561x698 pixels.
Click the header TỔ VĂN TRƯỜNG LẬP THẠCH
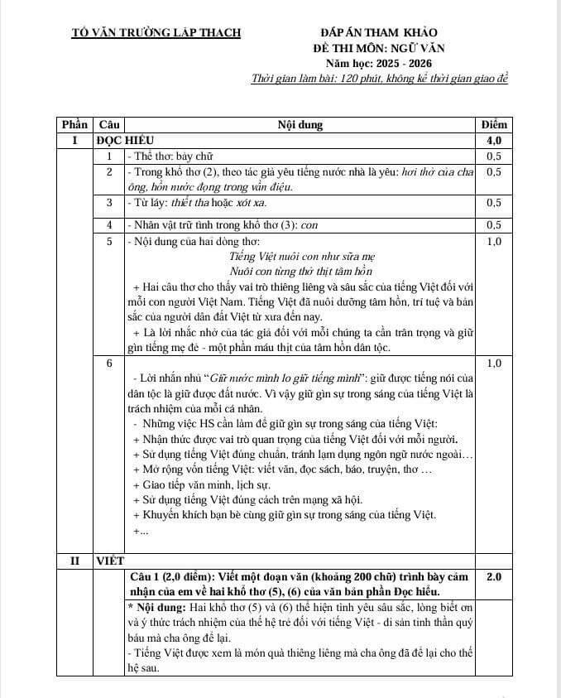point(156,33)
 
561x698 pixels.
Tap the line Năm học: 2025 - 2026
point(378,64)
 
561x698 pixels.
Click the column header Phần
point(74,125)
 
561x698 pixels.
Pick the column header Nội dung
point(300,125)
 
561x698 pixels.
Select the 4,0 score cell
point(494,141)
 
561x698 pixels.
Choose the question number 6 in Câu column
point(109,363)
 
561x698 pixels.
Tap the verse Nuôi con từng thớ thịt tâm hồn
point(301,272)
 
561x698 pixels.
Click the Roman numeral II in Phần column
point(74,561)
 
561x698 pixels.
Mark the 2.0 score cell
point(494,576)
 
